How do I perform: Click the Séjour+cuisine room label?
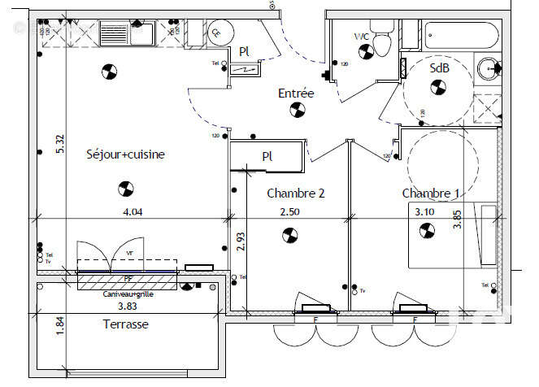(x=126, y=154)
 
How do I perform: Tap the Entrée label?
(x=296, y=93)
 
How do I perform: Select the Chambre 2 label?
(x=296, y=193)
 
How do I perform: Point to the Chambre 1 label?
(x=431, y=193)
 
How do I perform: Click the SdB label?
(x=439, y=70)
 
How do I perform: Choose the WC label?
(x=362, y=37)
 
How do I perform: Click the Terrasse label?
(x=125, y=324)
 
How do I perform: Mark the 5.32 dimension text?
(x=59, y=144)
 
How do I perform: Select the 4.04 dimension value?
(x=133, y=212)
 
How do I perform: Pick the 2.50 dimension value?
(x=290, y=212)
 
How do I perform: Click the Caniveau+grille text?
(x=128, y=294)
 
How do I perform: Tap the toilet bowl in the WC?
(x=385, y=44)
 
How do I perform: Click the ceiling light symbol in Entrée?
(x=296, y=111)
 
